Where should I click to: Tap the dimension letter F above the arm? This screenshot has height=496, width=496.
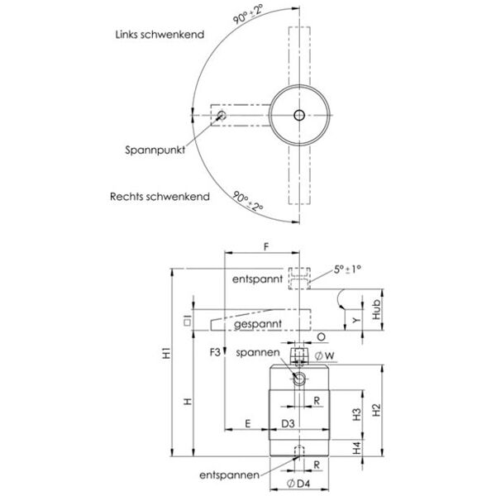(265, 246)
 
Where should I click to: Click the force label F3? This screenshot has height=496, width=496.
(216, 353)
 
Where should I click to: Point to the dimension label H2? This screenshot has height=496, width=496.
(376, 408)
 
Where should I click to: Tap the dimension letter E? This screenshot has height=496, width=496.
(248, 423)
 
